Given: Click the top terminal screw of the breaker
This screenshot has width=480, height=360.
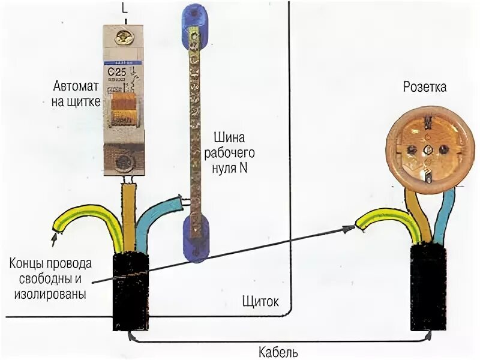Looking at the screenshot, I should point(125,37).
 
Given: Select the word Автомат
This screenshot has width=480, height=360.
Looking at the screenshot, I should point(72,88).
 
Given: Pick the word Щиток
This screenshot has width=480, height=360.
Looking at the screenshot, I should point(260,301).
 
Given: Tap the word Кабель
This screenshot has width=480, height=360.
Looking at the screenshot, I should point(278,352).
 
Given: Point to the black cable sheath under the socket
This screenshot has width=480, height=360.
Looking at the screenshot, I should point(428,288).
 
